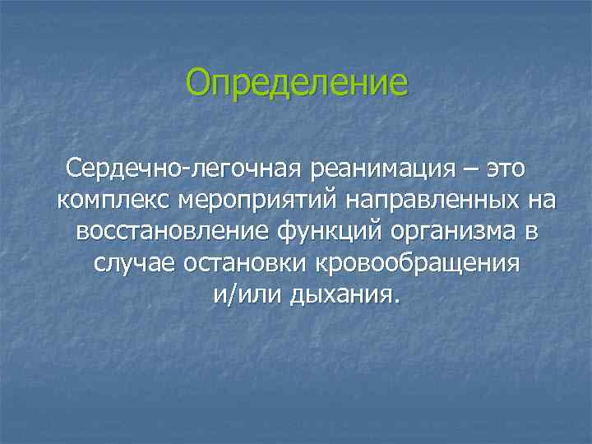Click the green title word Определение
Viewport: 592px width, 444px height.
coord(296,83)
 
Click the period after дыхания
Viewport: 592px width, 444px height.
coord(394,300)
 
